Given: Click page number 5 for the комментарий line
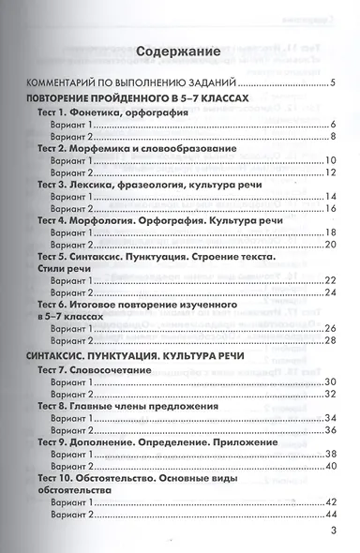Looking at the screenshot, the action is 332,83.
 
